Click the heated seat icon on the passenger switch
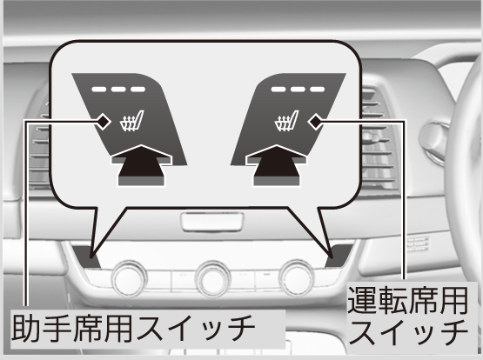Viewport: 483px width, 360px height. pos(131,121)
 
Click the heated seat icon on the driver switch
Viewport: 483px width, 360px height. pos(286,121)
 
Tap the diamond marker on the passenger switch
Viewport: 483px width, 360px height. pos(104,122)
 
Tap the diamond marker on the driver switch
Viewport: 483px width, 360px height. pos(315,122)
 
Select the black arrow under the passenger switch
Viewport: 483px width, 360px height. pos(141,165)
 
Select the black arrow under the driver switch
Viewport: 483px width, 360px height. pos(276,165)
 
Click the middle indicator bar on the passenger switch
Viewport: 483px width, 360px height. pos(118,90)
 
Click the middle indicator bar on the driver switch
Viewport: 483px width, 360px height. pos(298,90)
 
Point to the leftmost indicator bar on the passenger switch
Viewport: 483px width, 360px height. pos(99,90)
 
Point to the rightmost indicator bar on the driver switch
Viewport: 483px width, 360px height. pos(318,90)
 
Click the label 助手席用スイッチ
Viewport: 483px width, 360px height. pos(133,329)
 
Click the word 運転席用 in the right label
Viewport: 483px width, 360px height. pos(407,300)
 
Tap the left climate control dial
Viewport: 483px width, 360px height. pos(129,279)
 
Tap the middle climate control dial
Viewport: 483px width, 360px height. pos(213,279)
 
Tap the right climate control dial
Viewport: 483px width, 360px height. pos(297,278)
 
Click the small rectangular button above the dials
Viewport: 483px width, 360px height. pos(212,222)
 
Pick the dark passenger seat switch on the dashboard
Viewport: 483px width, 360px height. pos(86,257)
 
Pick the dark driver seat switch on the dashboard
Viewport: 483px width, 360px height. pos(339,256)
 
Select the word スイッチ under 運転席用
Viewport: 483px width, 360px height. pos(408,333)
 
